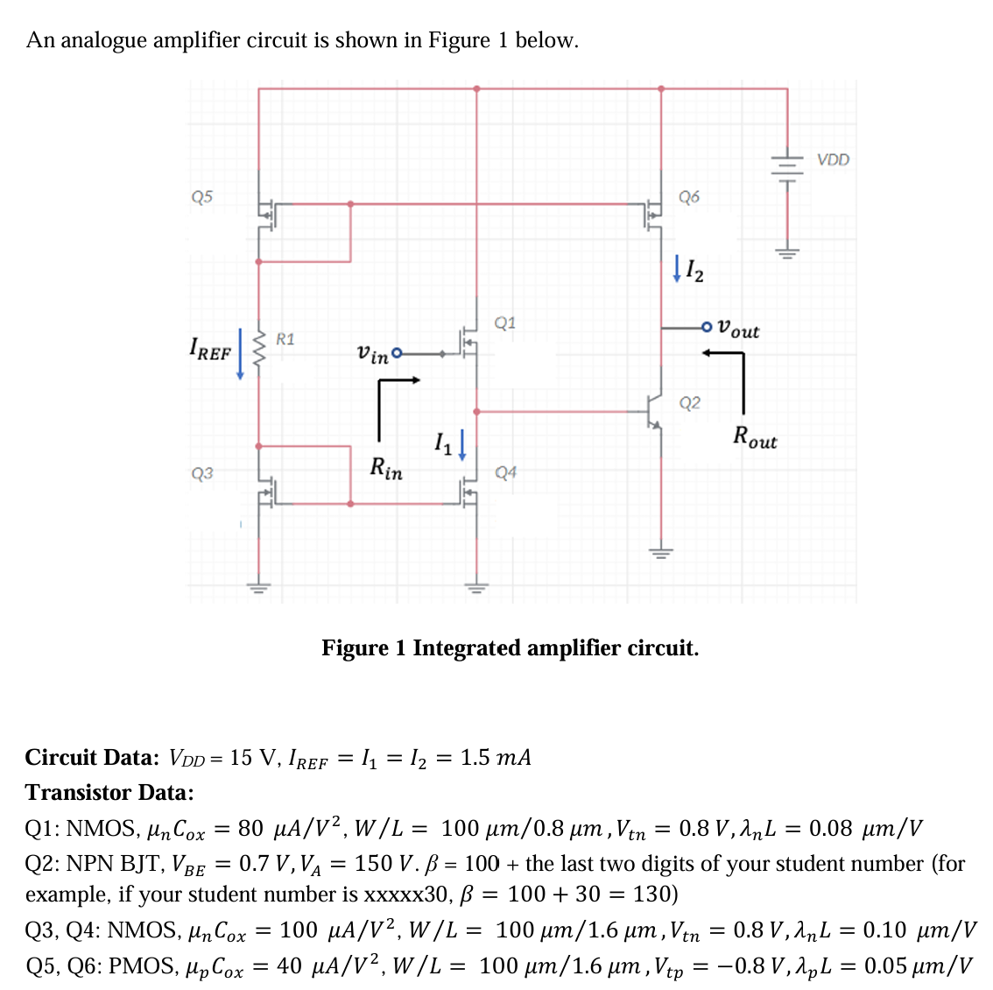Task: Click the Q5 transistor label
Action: coord(201,196)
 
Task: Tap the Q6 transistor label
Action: coord(689,196)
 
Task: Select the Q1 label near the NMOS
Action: coord(505,322)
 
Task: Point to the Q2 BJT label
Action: coord(690,403)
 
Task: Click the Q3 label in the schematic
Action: coord(201,473)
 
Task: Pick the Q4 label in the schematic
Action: coord(505,472)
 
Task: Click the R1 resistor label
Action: coord(285,338)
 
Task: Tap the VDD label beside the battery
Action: coord(833,159)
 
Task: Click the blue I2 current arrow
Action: coord(676,268)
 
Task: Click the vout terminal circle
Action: coord(708,329)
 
